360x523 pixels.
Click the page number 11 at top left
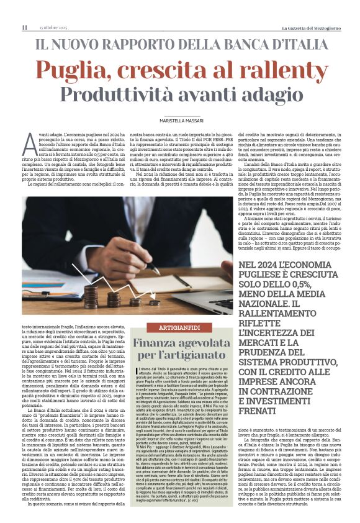click(x=24, y=27)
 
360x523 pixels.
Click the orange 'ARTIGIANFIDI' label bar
click(x=180, y=327)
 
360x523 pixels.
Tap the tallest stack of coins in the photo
click(x=91, y=296)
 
